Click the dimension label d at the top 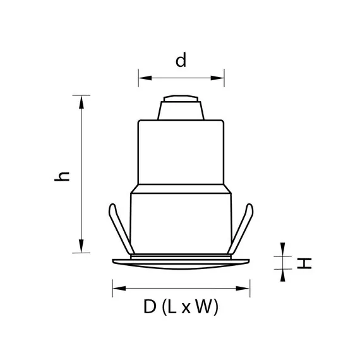click(x=181, y=61)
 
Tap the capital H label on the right click(x=305, y=262)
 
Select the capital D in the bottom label click(x=150, y=308)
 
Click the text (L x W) click(x=190, y=308)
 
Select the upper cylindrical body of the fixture click(x=181, y=152)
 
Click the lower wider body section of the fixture click(x=181, y=224)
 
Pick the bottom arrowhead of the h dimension click(x=80, y=247)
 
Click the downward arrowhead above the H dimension click(x=282, y=251)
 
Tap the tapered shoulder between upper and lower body click(x=181, y=188)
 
